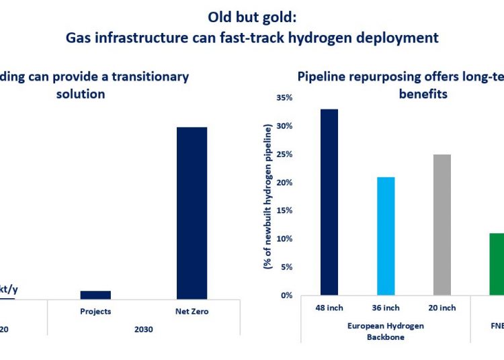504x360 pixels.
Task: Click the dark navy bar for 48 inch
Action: click(329, 201)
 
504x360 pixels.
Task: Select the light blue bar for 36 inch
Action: click(386, 236)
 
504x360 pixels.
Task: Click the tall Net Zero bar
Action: click(192, 213)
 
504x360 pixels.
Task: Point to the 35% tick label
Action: click(284, 97)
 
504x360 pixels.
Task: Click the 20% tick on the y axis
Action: click(284, 183)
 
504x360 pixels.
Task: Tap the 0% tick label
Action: click(286, 296)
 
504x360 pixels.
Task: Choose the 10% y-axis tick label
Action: click(284, 239)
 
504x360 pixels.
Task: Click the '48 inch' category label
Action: click(329, 308)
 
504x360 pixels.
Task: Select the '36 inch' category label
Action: click(386, 308)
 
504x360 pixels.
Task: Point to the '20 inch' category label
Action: click(442, 308)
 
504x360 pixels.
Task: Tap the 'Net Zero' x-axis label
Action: click(192, 311)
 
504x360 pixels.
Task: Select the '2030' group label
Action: click(143, 329)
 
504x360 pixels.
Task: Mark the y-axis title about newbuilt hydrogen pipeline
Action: click(268, 196)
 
